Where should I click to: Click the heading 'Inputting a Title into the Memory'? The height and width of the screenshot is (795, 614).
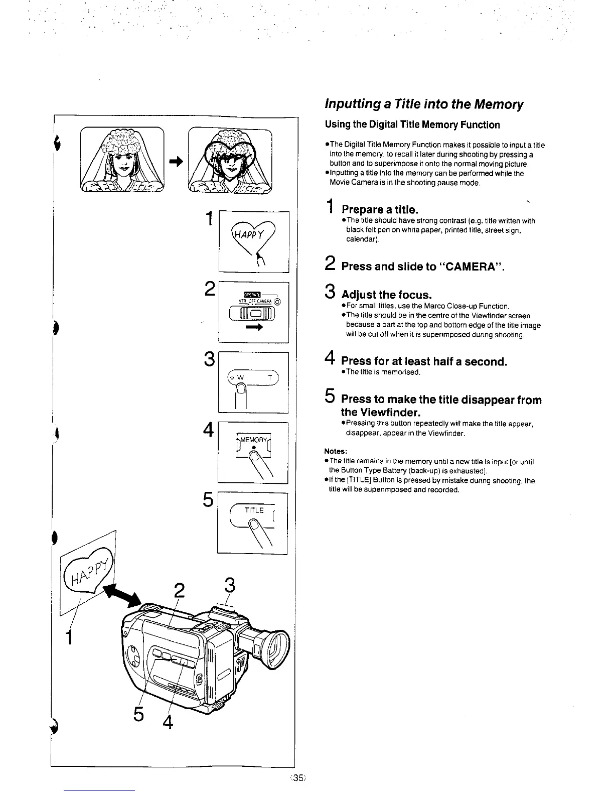tap(424, 104)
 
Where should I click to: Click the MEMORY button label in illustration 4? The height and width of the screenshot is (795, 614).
tap(254, 440)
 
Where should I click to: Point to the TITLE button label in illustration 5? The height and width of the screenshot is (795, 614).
tap(254, 510)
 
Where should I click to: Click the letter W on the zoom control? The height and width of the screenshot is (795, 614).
tap(240, 377)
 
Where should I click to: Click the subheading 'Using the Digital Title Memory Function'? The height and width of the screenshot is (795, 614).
tap(412, 124)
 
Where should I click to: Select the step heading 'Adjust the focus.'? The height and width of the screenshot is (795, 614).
tap(386, 294)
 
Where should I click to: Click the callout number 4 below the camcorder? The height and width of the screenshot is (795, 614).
tap(168, 723)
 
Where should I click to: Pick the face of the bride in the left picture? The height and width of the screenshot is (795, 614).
tap(122, 162)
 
